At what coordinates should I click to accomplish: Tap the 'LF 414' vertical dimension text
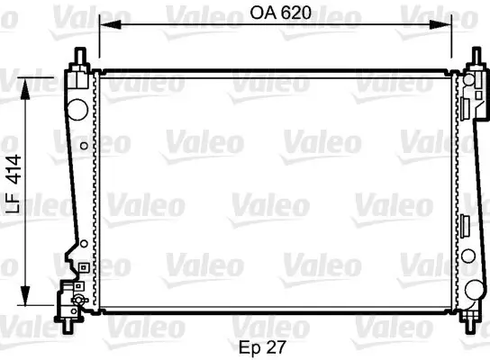click(x=13, y=180)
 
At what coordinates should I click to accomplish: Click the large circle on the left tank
click(x=78, y=110)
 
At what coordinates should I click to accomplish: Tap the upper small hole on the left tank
click(x=84, y=144)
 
